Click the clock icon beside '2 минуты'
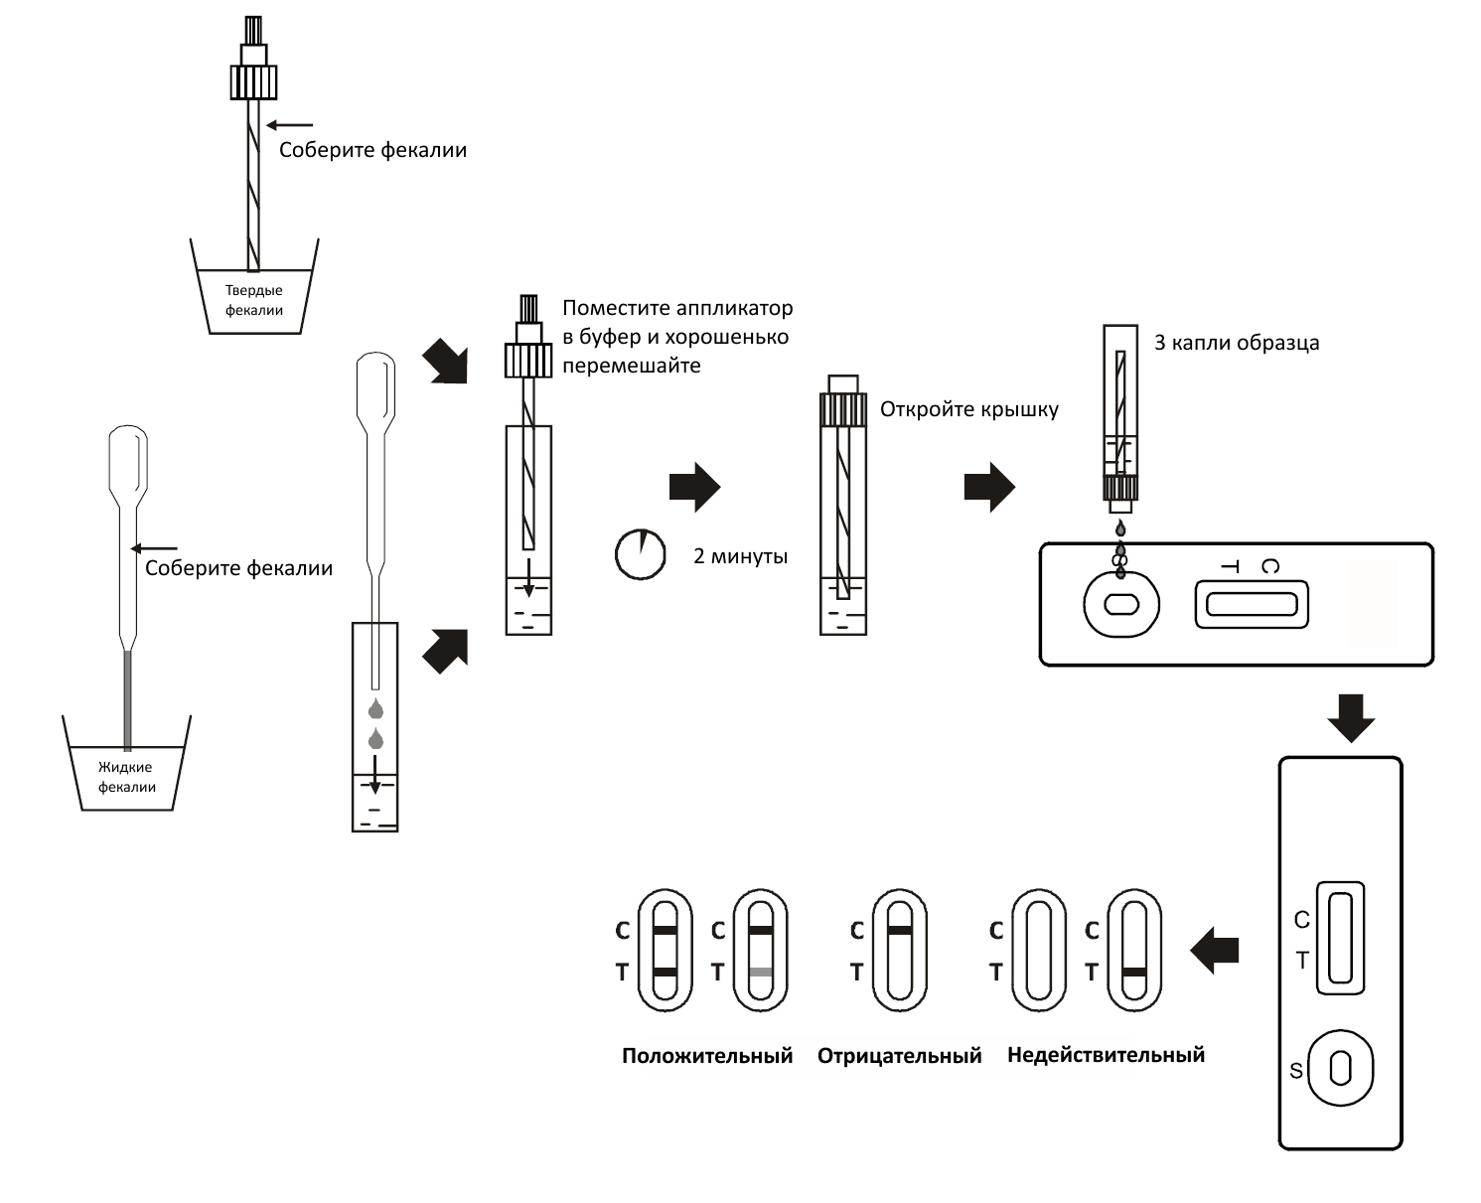[640, 554]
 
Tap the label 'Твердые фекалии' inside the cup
[254, 300]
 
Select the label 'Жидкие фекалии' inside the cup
[126, 777]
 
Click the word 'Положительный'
[707, 1056]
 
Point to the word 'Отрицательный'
[899, 1056]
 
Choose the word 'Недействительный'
[1106, 1056]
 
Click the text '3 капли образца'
[1237, 343]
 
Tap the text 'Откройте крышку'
[969, 409]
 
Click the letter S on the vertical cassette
[1295, 1071]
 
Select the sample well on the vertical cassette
[1340, 1068]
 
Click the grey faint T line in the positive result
[761, 972]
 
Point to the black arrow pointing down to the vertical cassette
[1351, 717]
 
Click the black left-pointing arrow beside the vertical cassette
[1214, 950]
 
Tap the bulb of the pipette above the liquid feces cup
[128, 458]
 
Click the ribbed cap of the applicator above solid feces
[253, 82]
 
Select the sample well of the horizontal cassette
[1120, 604]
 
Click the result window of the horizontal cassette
[1252, 604]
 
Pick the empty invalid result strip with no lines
[1038, 950]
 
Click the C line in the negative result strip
[900, 931]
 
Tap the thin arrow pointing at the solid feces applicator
[290, 125]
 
